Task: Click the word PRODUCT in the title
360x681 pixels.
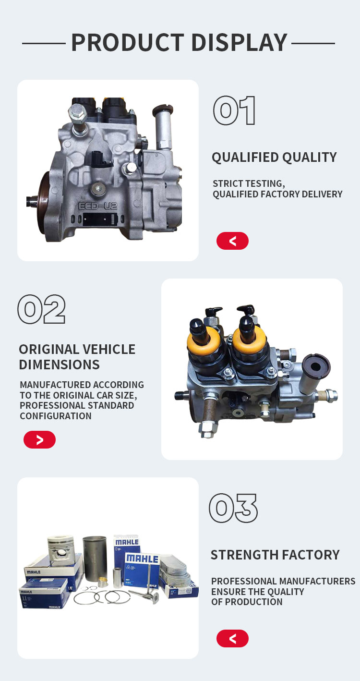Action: (128, 43)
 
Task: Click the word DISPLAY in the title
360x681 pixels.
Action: (240, 43)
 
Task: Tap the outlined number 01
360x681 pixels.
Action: (234, 110)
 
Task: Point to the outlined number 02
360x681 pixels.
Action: (42, 309)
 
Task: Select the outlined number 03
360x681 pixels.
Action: (233, 508)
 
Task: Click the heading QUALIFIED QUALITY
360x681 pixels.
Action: (274, 158)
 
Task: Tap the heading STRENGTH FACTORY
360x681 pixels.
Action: (275, 555)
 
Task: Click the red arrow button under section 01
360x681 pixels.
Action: (232, 241)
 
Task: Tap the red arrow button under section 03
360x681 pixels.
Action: (232, 638)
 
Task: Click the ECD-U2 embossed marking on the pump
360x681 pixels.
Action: (98, 206)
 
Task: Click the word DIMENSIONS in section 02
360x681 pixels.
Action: (59, 365)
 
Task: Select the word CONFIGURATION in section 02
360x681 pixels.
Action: (56, 416)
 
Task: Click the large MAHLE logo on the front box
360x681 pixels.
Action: (142, 559)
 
